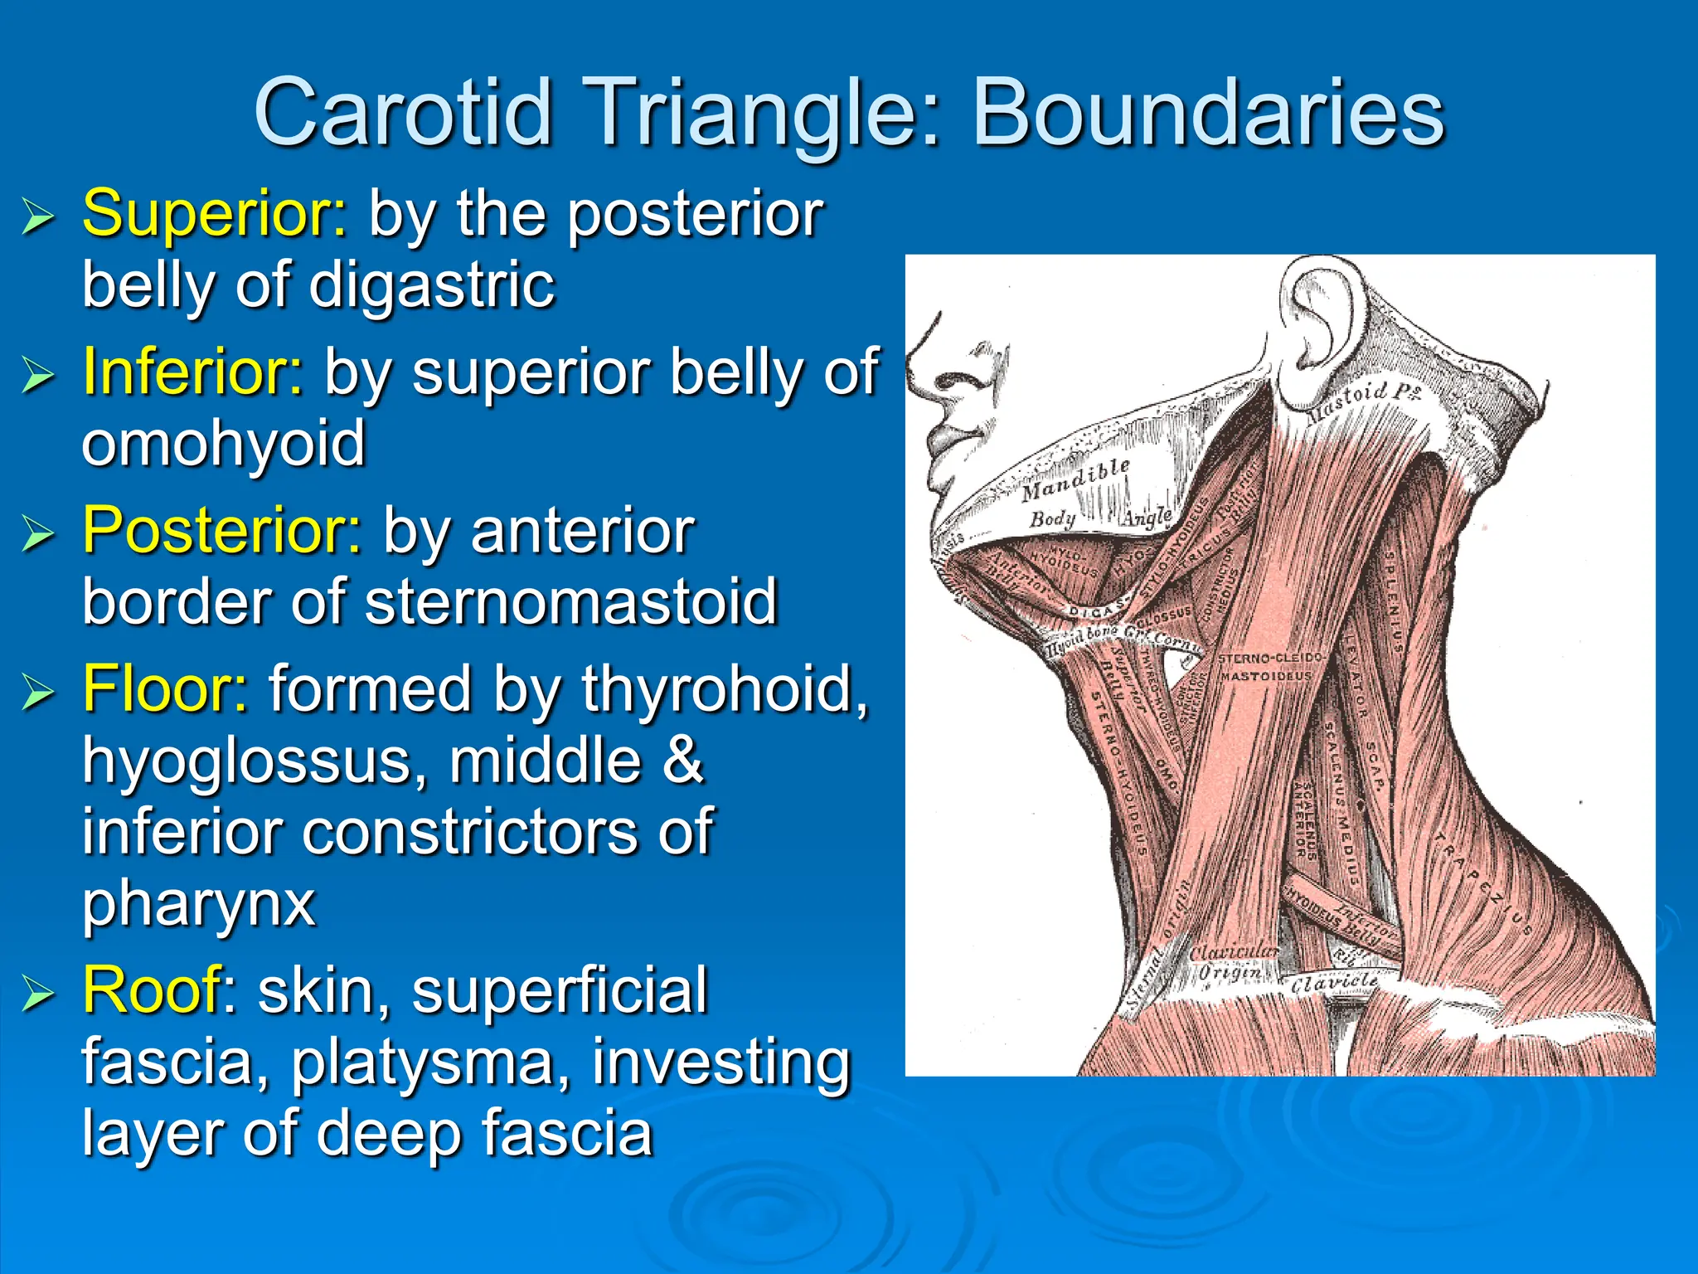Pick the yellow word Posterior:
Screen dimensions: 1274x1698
point(222,530)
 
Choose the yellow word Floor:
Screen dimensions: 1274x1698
point(165,688)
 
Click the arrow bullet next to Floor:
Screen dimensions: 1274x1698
point(38,692)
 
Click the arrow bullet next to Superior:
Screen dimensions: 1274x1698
point(38,217)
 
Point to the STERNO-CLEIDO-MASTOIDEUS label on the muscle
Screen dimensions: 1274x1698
point(1269,667)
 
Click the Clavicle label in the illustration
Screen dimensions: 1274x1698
point(1333,982)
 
